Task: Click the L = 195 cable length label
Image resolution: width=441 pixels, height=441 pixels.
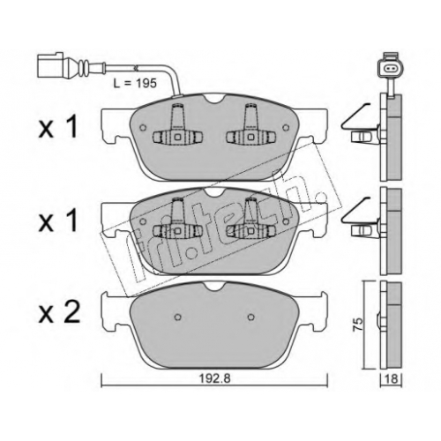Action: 135,83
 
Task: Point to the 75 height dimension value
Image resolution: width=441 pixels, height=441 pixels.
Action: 358,325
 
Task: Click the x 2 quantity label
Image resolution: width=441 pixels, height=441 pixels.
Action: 59,313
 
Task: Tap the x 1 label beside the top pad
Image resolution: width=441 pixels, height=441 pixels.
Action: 58,126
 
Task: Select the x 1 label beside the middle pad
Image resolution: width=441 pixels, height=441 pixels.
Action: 58,220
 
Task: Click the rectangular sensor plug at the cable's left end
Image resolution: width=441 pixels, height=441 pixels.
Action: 50,65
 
